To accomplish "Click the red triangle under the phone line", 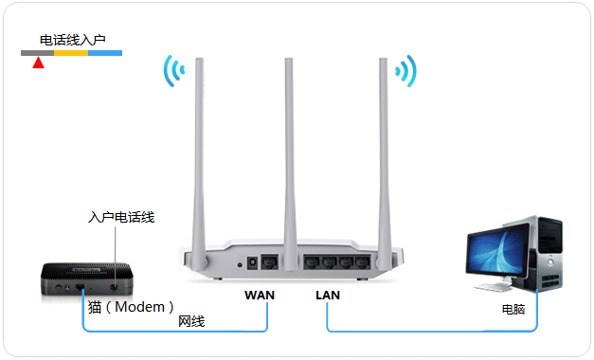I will pos(38,63).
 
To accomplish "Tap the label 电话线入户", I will pos(73,41).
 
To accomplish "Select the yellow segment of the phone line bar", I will pos(71,53).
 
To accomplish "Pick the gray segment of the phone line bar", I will pos(37,53).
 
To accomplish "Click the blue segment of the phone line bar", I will pos(105,53).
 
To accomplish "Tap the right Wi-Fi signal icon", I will pos(406,71).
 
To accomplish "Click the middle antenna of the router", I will pos(290,142).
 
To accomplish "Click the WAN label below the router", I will pos(259,295).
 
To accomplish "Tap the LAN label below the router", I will pos(328,295).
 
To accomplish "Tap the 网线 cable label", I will pos(191,322).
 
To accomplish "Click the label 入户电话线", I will pos(120,217).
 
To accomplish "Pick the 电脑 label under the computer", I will pos(514,309).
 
